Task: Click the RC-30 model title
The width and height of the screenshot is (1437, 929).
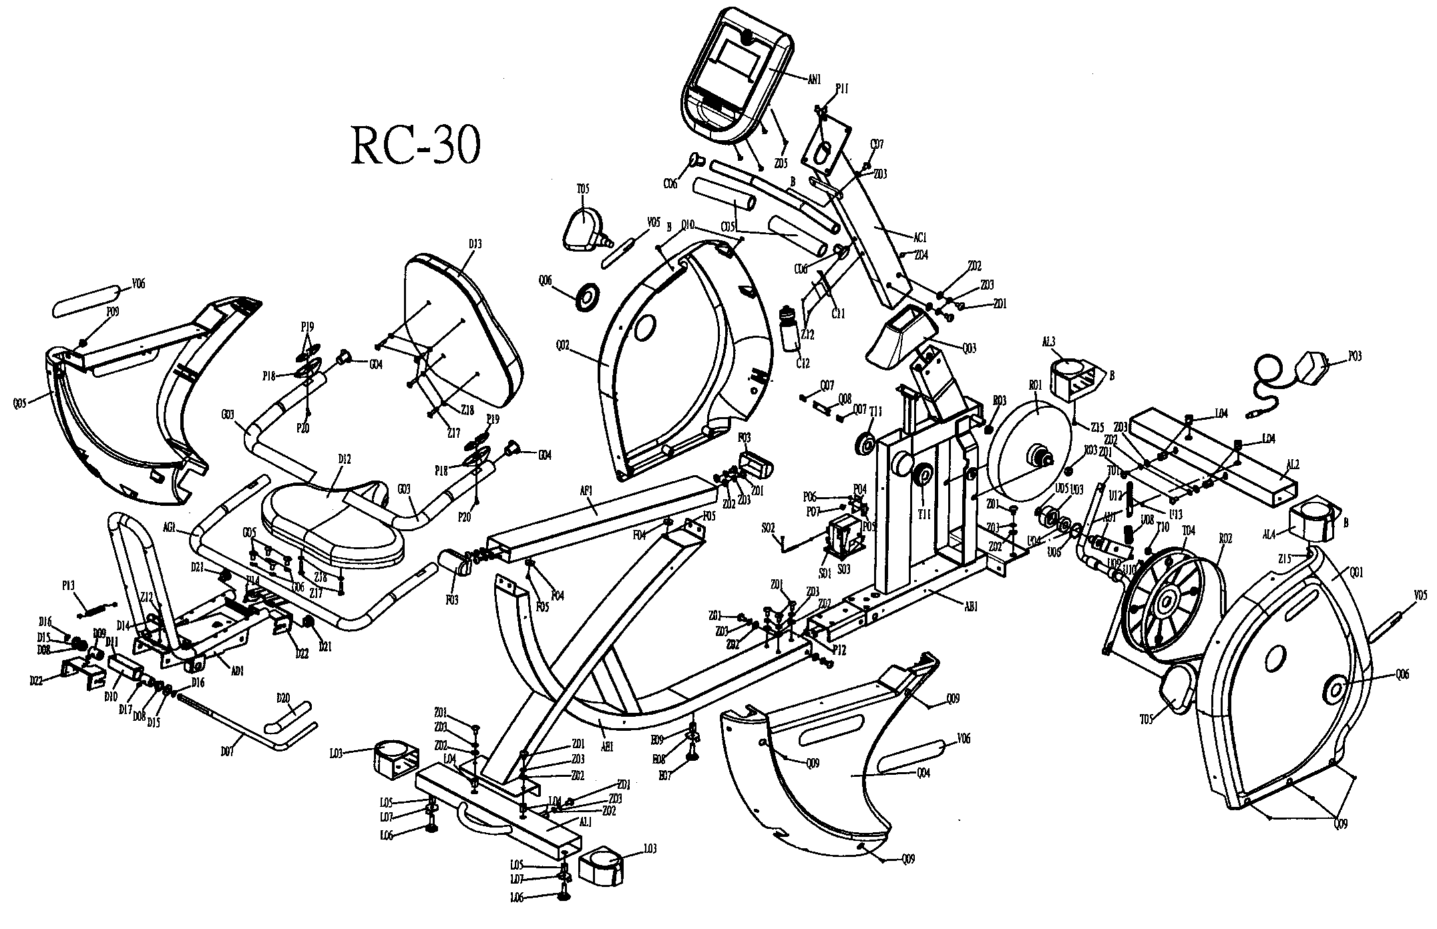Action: (415, 145)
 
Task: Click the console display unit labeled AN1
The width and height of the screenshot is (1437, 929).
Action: (735, 73)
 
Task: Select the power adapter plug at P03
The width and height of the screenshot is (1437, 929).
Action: (1307, 368)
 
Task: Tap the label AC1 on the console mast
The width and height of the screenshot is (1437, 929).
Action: (920, 237)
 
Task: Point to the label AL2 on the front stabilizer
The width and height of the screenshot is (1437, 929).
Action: (1293, 465)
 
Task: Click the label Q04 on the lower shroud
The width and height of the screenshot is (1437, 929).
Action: (923, 773)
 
